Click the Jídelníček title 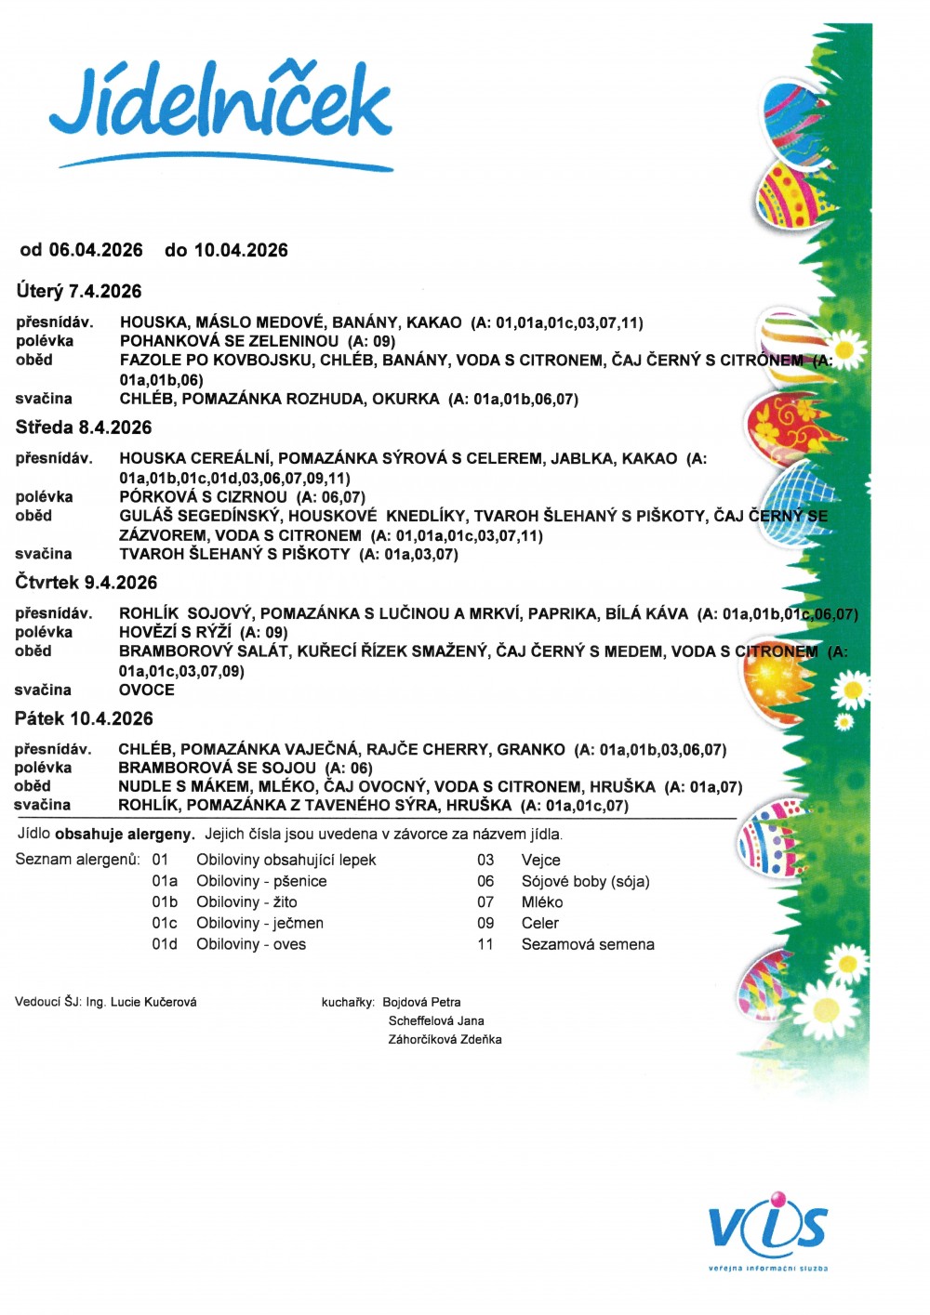(221, 107)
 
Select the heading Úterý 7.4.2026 (79, 291)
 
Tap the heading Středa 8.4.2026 (84, 427)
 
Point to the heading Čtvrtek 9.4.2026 (86, 583)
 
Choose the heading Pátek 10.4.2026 (84, 718)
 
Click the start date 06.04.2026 (96, 250)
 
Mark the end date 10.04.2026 (241, 250)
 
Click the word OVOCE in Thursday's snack (147, 690)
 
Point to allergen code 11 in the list (485, 944)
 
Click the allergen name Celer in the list (540, 923)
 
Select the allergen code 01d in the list (165, 944)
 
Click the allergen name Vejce (541, 861)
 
